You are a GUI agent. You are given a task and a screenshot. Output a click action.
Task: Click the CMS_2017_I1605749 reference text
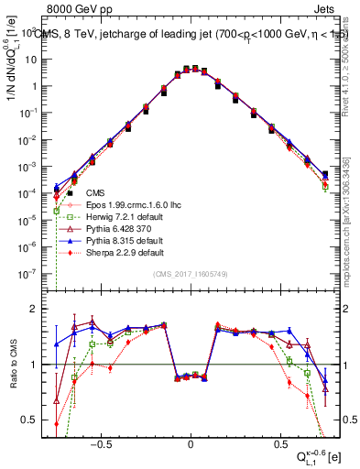click(191, 274)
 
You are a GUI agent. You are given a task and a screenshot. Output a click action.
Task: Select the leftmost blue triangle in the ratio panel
click(57, 344)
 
